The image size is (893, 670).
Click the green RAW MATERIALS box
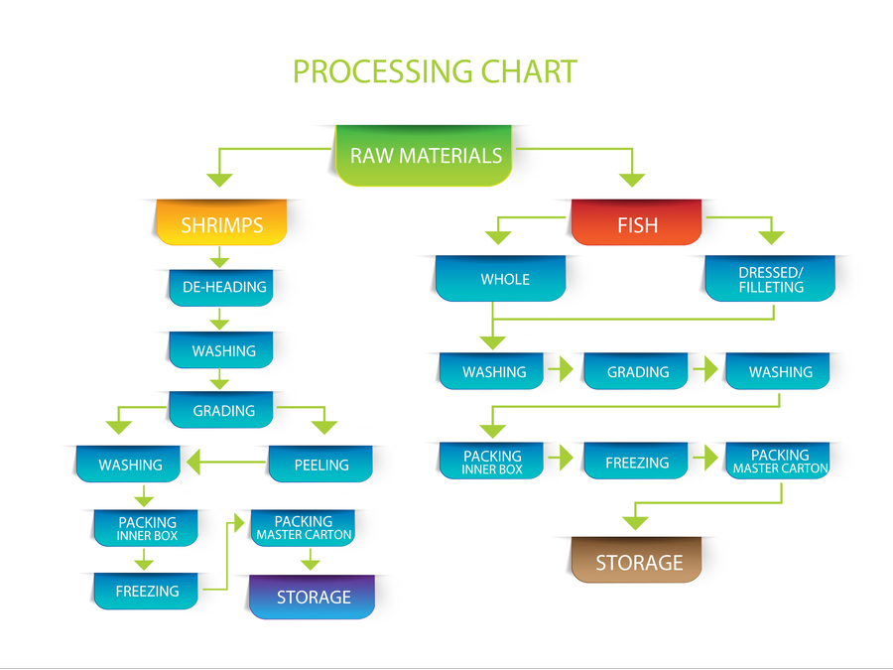[426, 156]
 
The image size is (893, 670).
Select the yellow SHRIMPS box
[221, 225]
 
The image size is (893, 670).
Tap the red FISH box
[637, 224]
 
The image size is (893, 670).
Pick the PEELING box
[321, 464]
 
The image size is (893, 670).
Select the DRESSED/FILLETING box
[770, 279]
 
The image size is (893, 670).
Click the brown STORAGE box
[638, 562]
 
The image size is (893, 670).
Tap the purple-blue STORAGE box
[313, 598]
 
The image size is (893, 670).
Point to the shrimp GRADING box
[222, 410]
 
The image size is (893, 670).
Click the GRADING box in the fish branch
[637, 372]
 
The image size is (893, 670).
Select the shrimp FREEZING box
[147, 591]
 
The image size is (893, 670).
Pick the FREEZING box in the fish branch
[637, 463]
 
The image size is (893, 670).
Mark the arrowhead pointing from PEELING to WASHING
[196, 462]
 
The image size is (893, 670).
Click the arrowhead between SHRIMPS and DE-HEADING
[220, 261]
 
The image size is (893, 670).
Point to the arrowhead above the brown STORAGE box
[635, 521]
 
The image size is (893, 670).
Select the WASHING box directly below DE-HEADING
[222, 350]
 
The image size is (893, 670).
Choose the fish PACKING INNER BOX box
[493, 463]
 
